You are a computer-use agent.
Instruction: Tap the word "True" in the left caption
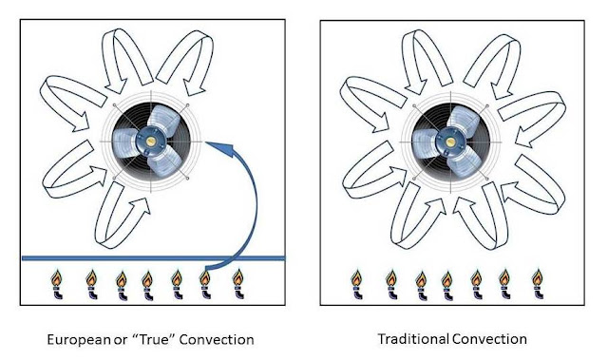[152, 339]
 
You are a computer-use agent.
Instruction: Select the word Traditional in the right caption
[414, 339]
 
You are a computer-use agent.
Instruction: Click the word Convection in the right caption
[490, 339]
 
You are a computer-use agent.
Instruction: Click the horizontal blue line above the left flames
[153, 258]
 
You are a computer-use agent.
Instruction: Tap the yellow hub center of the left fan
[151, 142]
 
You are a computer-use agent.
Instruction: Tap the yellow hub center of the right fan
[450, 142]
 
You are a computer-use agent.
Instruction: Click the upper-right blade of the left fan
[164, 121]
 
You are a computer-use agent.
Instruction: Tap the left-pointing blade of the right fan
[425, 142]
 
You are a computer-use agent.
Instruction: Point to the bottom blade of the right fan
[465, 162]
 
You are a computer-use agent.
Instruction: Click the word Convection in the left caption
[217, 340]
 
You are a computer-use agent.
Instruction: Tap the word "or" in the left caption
[121, 341]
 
